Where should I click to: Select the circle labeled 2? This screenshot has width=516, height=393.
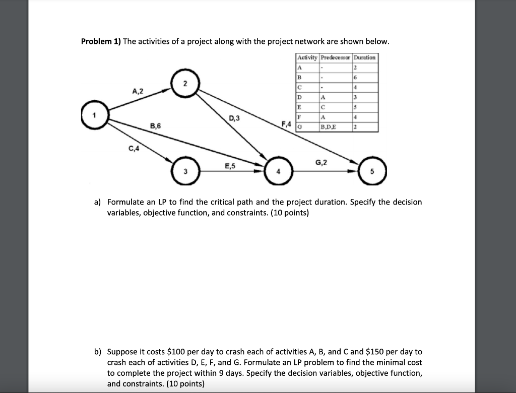click(x=184, y=83)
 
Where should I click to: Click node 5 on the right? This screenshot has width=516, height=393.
click(x=372, y=171)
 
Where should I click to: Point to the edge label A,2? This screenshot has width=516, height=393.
click(x=138, y=91)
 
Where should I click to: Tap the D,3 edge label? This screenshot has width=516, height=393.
click(x=235, y=119)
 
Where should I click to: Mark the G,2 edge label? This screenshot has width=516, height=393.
click(x=321, y=162)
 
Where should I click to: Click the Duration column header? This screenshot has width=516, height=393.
click(x=364, y=57)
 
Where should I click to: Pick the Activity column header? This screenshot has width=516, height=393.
click(x=307, y=57)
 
